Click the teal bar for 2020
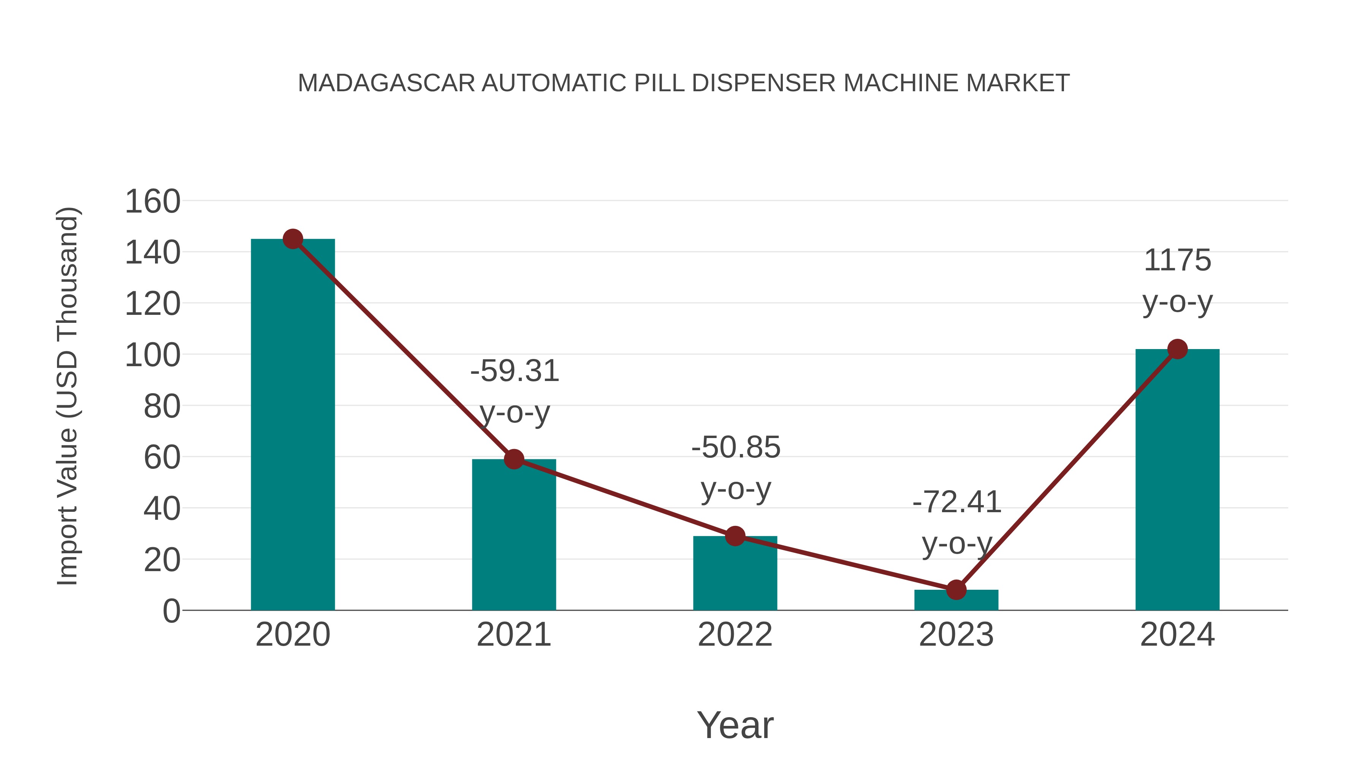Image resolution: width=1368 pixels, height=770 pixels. [293, 425]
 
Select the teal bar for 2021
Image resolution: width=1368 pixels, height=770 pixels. [513, 534]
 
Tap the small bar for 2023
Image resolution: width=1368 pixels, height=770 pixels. [956, 600]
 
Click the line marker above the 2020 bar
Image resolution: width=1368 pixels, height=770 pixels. [293, 239]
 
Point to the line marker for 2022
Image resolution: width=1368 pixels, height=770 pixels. [735, 536]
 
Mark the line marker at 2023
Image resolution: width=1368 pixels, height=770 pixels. [956, 590]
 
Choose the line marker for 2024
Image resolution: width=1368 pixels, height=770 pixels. [1177, 349]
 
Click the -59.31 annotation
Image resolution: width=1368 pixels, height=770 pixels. [515, 371]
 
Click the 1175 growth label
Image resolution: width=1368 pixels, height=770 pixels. [1177, 260]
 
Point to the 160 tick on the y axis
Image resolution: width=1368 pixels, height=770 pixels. [152, 202]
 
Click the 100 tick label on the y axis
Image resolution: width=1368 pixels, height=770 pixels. [152, 356]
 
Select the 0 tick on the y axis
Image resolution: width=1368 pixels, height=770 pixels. [171, 611]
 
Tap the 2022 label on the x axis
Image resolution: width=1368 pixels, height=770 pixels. [735, 635]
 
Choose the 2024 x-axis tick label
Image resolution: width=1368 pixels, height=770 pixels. [1177, 635]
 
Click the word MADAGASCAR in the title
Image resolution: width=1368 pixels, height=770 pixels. [386, 83]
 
